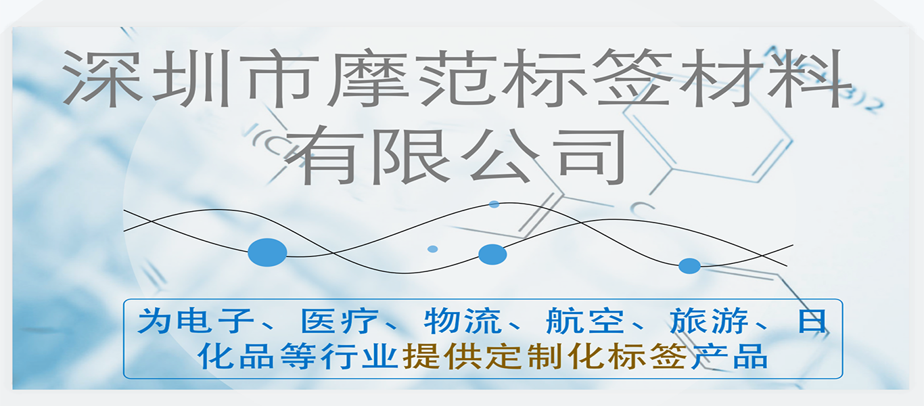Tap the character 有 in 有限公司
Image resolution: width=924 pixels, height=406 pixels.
point(325,155)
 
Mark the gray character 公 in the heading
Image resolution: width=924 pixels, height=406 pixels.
point(500,155)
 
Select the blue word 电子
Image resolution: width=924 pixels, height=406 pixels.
point(215,321)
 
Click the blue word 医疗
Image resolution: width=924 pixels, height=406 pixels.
point(340,321)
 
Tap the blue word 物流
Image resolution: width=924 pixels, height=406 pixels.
point(463,321)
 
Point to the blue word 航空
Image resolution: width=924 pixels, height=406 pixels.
point(585,321)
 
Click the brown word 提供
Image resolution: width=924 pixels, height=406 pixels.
point(442,356)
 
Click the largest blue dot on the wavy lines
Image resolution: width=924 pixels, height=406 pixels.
point(267,252)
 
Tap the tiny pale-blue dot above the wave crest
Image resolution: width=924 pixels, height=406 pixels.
point(494,204)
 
